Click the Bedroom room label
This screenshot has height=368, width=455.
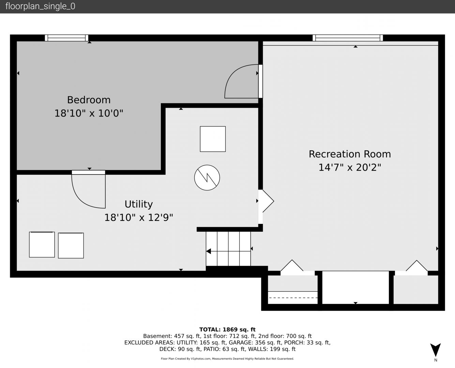coord(89,100)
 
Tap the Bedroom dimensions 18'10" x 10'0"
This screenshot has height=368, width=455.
coord(89,113)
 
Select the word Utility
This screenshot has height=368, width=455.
coord(139,204)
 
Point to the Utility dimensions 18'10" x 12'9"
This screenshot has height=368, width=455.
coord(139,218)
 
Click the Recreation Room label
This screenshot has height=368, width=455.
coord(350,154)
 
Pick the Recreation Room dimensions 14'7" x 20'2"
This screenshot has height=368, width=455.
coord(350,167)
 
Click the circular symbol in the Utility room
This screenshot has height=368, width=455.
coord(207,178)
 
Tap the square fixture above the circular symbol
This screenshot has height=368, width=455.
coord(213,139)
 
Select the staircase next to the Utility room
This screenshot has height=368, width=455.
coord(228,249)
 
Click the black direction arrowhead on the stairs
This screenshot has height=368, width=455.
coord(209,251)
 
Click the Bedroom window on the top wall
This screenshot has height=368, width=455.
coord(66,38)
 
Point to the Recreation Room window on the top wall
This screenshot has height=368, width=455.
coord(348,38)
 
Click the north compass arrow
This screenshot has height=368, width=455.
coord(436,350)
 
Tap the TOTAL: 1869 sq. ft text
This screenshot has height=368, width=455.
coord(227,329)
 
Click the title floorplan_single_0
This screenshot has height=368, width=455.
coord(40,6)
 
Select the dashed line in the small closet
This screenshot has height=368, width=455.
coord(293,297)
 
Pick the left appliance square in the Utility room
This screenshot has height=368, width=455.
coord(42,245)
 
